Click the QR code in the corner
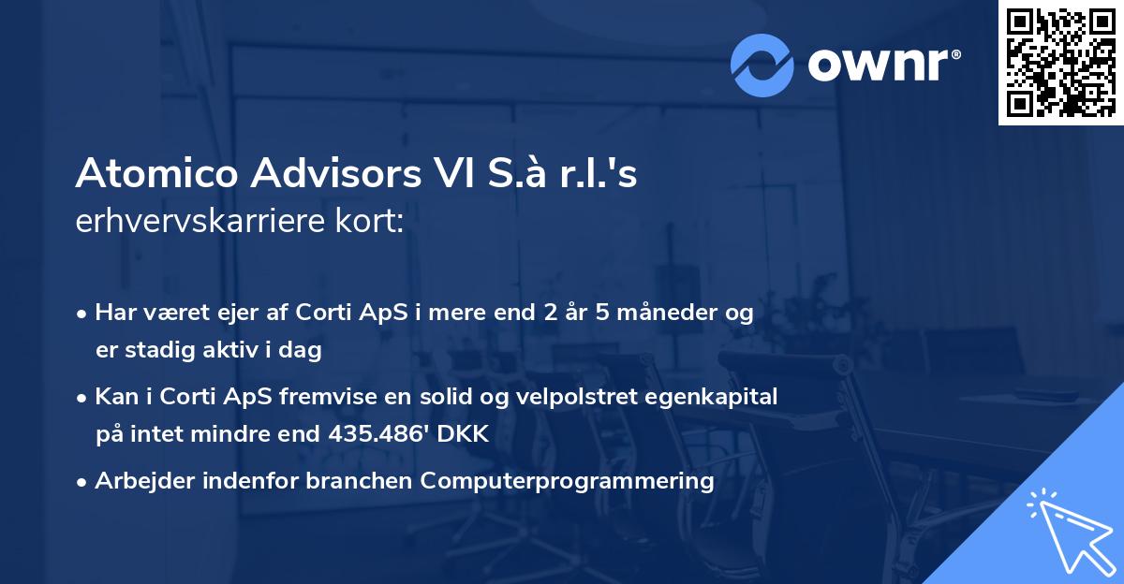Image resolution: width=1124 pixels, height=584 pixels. point(1060,63)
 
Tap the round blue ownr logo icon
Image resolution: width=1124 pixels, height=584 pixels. point(762,64)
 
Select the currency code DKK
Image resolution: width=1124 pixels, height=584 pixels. point(466,434)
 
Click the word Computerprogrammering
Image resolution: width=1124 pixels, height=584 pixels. point(567,481)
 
